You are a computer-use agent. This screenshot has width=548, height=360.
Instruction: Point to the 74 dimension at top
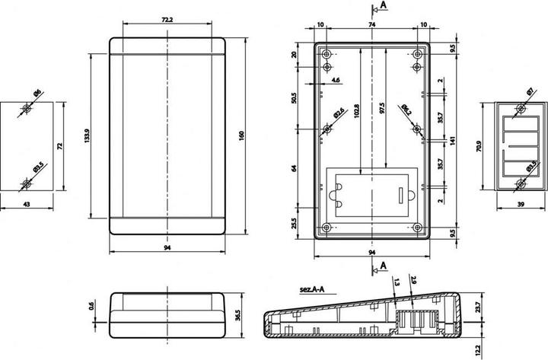(372, 24)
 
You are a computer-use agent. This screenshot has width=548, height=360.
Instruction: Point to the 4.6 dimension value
(336, 79)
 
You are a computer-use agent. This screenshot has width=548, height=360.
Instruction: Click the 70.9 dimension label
(478, 145)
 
